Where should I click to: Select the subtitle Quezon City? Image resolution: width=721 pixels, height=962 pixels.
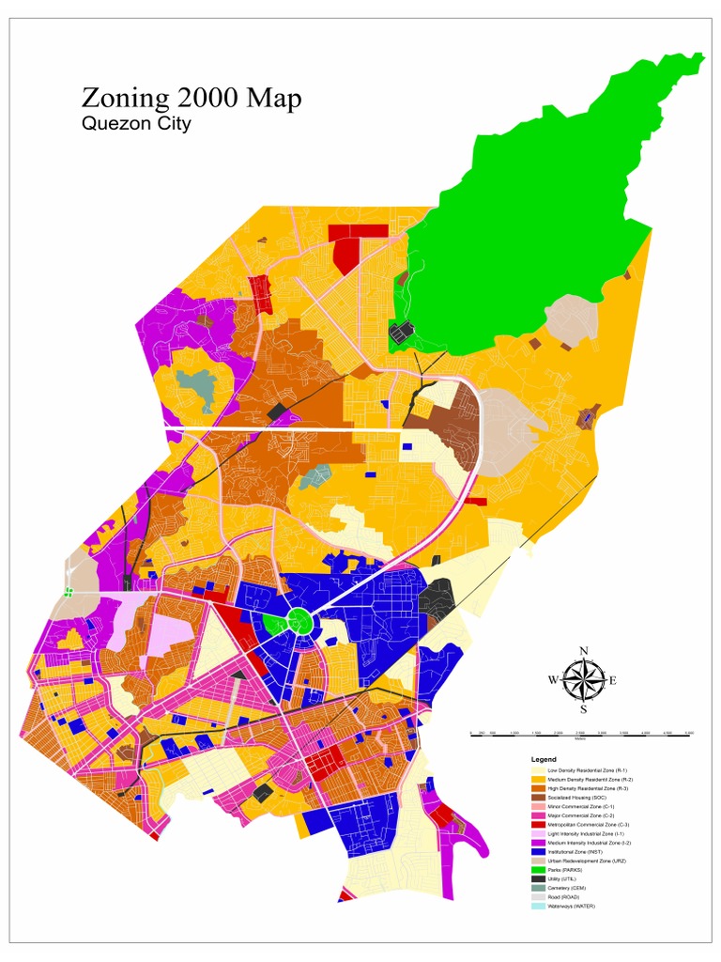coord(136,124)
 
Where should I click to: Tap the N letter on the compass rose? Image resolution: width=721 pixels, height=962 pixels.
coord(583,651)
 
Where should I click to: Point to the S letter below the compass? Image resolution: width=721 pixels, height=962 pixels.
coord(583,709)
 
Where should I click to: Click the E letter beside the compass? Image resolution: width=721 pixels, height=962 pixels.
coord(613,680)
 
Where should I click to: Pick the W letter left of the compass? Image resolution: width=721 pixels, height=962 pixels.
coord(553,680)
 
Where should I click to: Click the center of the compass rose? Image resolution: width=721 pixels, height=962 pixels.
coord(583,680)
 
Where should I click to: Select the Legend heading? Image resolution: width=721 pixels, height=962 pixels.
coord(544,759)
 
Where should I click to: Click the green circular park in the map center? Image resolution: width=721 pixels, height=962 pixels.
coord(299,620)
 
